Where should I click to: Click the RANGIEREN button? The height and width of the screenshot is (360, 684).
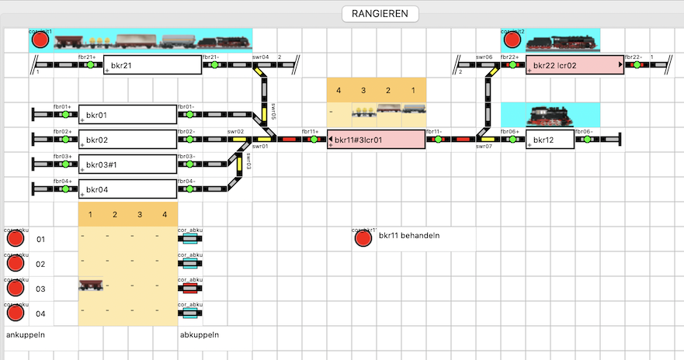pos(380,13)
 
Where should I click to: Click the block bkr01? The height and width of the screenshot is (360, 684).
pos(127,115)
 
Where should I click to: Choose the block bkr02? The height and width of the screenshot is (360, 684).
pos(127,140)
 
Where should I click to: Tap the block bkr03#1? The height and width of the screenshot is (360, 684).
pos(127,164)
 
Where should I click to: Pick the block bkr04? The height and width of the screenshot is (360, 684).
pos(127,189)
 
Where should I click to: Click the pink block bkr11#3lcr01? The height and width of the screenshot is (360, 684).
pos(376,140)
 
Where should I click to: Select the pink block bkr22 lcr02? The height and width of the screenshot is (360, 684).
pos(575,65)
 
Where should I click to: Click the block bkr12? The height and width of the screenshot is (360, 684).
pos(550,140)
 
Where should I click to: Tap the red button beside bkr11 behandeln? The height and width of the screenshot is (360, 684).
pos(363,238)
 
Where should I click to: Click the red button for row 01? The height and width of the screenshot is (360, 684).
pos(16,239)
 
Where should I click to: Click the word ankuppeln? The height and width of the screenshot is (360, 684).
pos(25,335)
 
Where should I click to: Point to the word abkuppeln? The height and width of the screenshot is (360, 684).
pos(200,335)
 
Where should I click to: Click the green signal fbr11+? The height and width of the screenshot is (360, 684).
pos(314,140)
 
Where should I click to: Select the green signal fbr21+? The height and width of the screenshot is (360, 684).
pos(90,65)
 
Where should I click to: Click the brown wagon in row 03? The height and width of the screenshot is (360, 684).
pos(91,286)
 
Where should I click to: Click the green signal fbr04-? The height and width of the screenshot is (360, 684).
pos(189,189)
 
